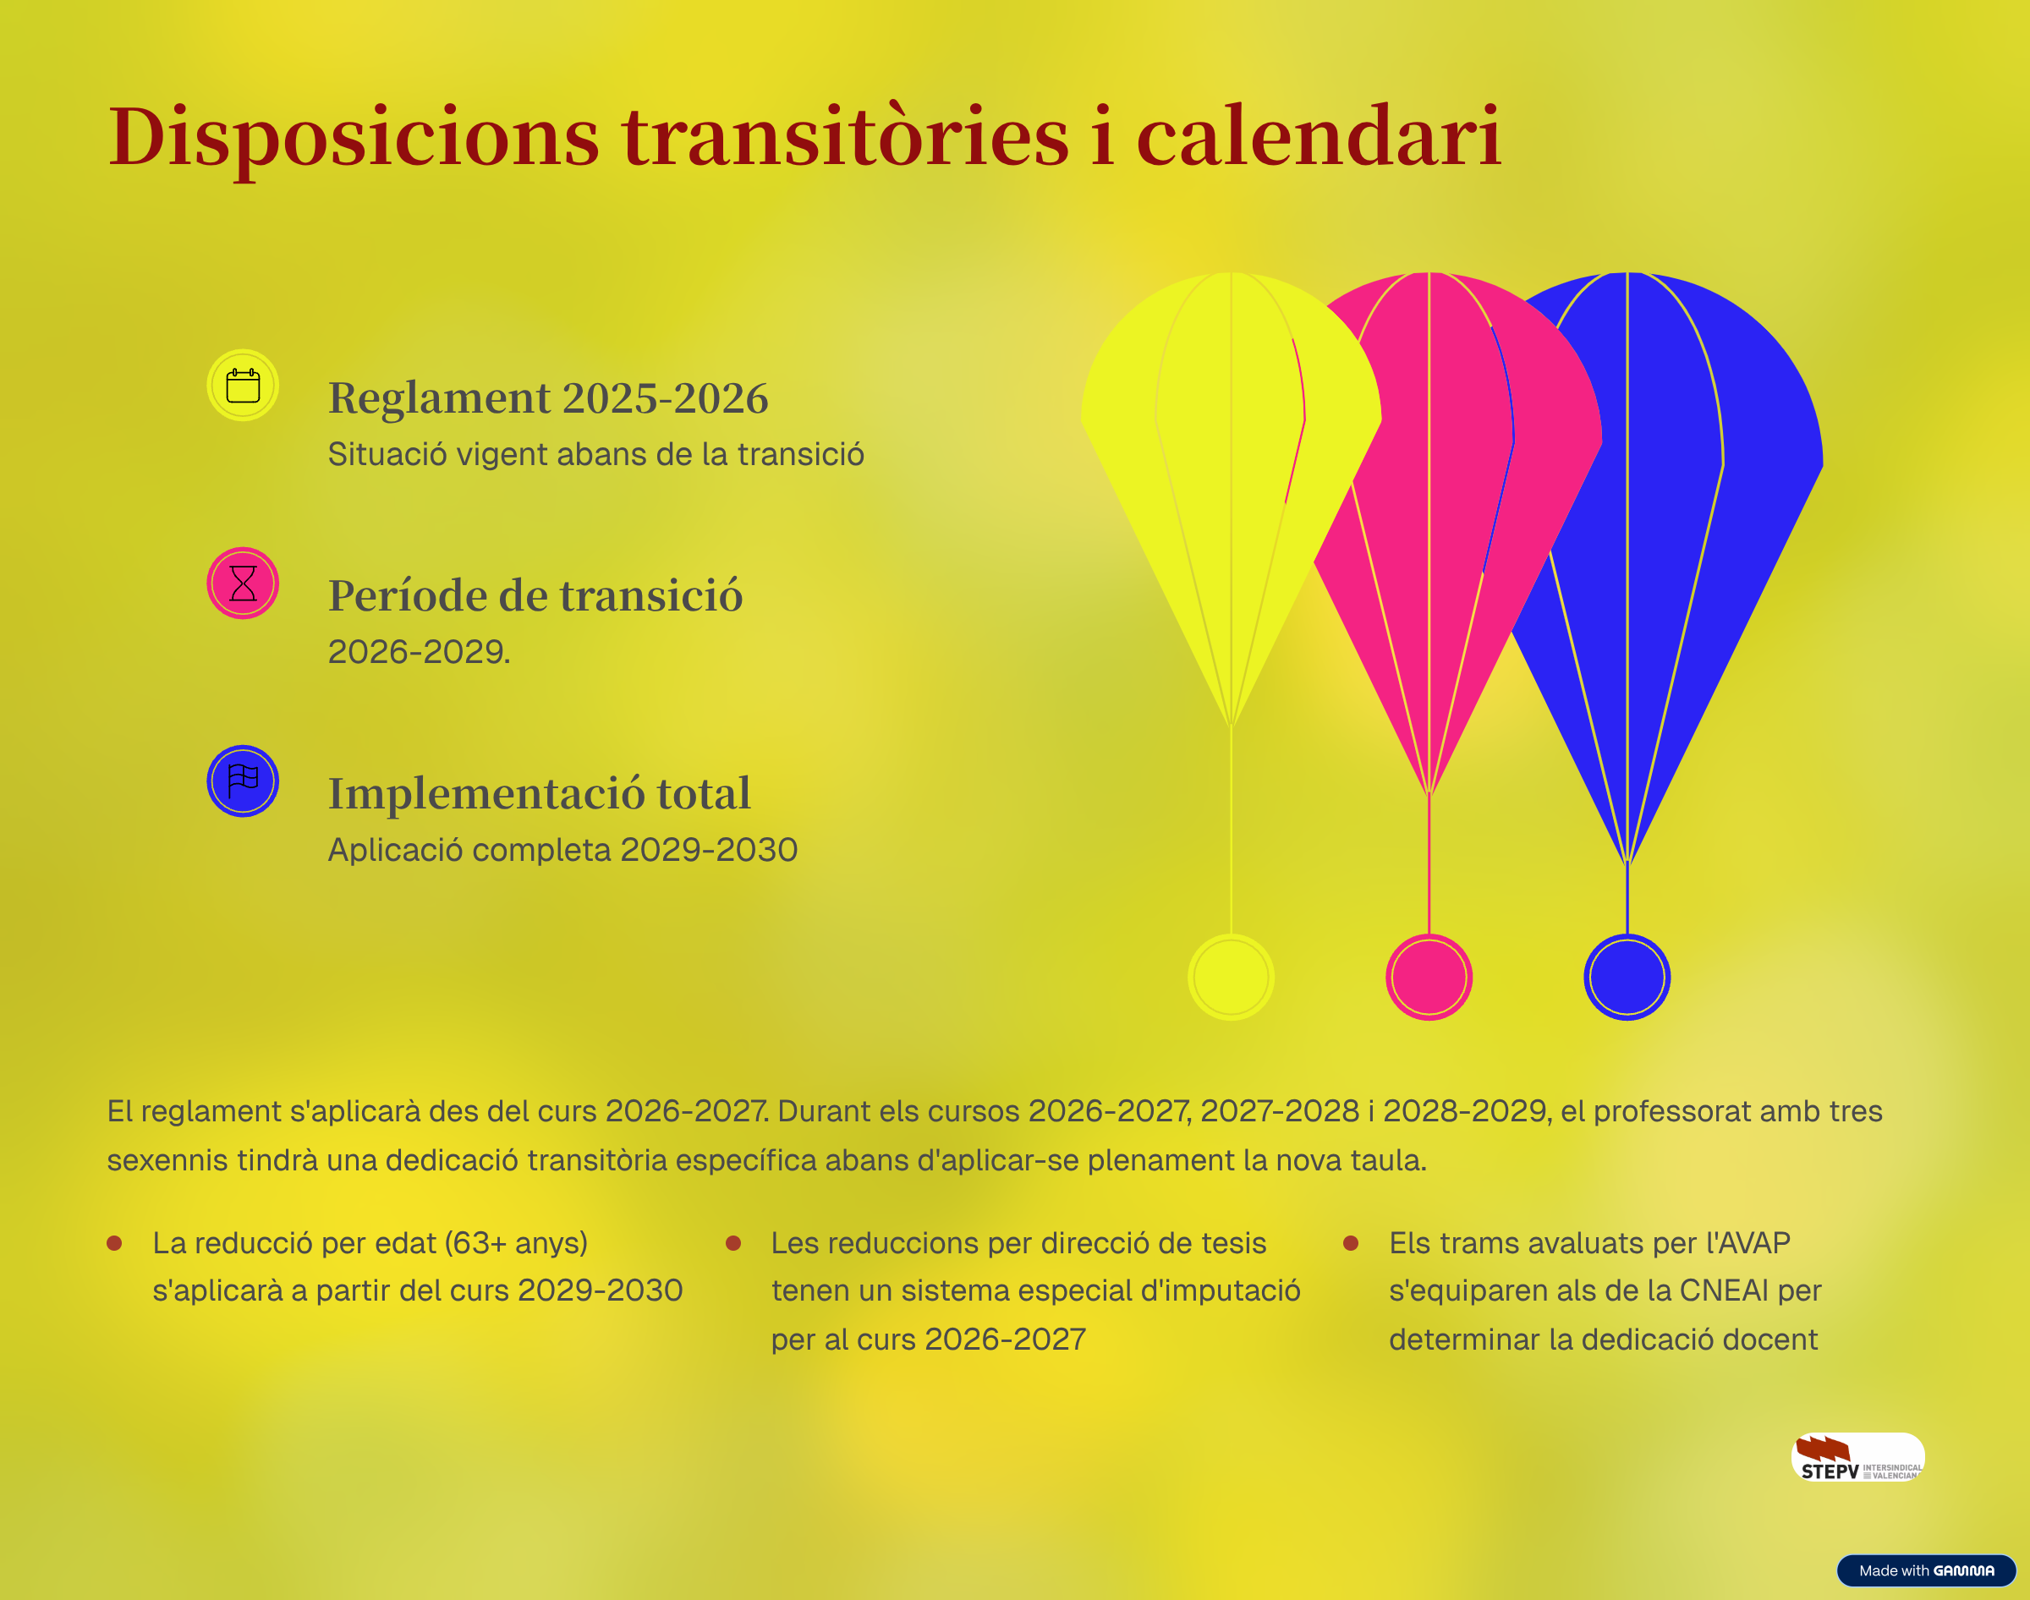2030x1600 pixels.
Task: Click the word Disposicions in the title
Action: [354, 139]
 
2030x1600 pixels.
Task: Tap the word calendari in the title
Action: [1319, 137]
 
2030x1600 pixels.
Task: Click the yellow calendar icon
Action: [243, 385]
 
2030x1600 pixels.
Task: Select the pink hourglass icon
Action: [243, 583]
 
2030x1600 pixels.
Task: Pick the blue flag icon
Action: [243, 781]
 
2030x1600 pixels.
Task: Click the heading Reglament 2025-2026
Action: [548, 398]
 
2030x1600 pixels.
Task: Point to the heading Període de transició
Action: [535, 596]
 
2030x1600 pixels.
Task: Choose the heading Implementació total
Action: [540, 793]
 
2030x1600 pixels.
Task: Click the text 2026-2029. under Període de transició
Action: [419, 651]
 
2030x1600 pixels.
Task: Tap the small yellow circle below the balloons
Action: [1231, 976]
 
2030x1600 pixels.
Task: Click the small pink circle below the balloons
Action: [1429, 976]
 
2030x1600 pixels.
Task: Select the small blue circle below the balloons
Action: [1627, 976]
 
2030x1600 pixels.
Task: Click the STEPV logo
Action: [1857, 1457]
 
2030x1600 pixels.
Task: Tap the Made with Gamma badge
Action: [1926, 1570]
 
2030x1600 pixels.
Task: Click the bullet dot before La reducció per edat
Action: [114, 1243]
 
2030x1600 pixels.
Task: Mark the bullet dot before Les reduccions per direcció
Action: [733, 1243]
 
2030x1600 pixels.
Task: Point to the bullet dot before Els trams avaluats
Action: [1351, 1243]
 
